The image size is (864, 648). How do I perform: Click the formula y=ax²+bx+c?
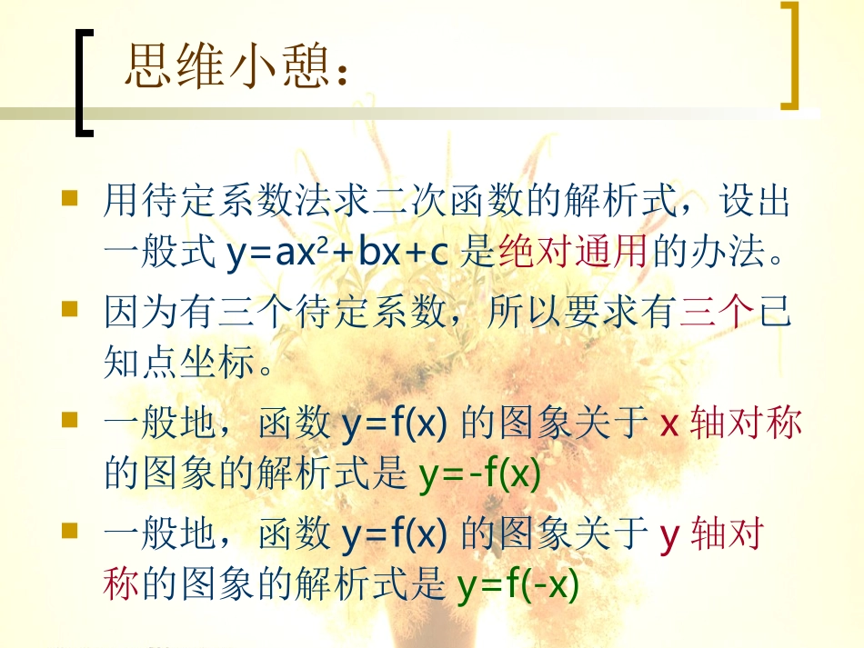pyautogui.click(x=337, y=253)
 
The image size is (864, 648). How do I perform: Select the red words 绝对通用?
pyautogui.click(x=573, y=253)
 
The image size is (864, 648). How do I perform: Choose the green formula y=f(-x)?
pyautogui.click(x=517, y=585)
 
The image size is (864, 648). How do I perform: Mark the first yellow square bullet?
pyautogui.click(x=70, y=197)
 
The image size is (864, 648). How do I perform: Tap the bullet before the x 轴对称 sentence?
pyautogui.click(x=70, y=422)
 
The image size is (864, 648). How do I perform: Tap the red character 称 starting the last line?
pyautogui.click(x=121, y=585)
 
